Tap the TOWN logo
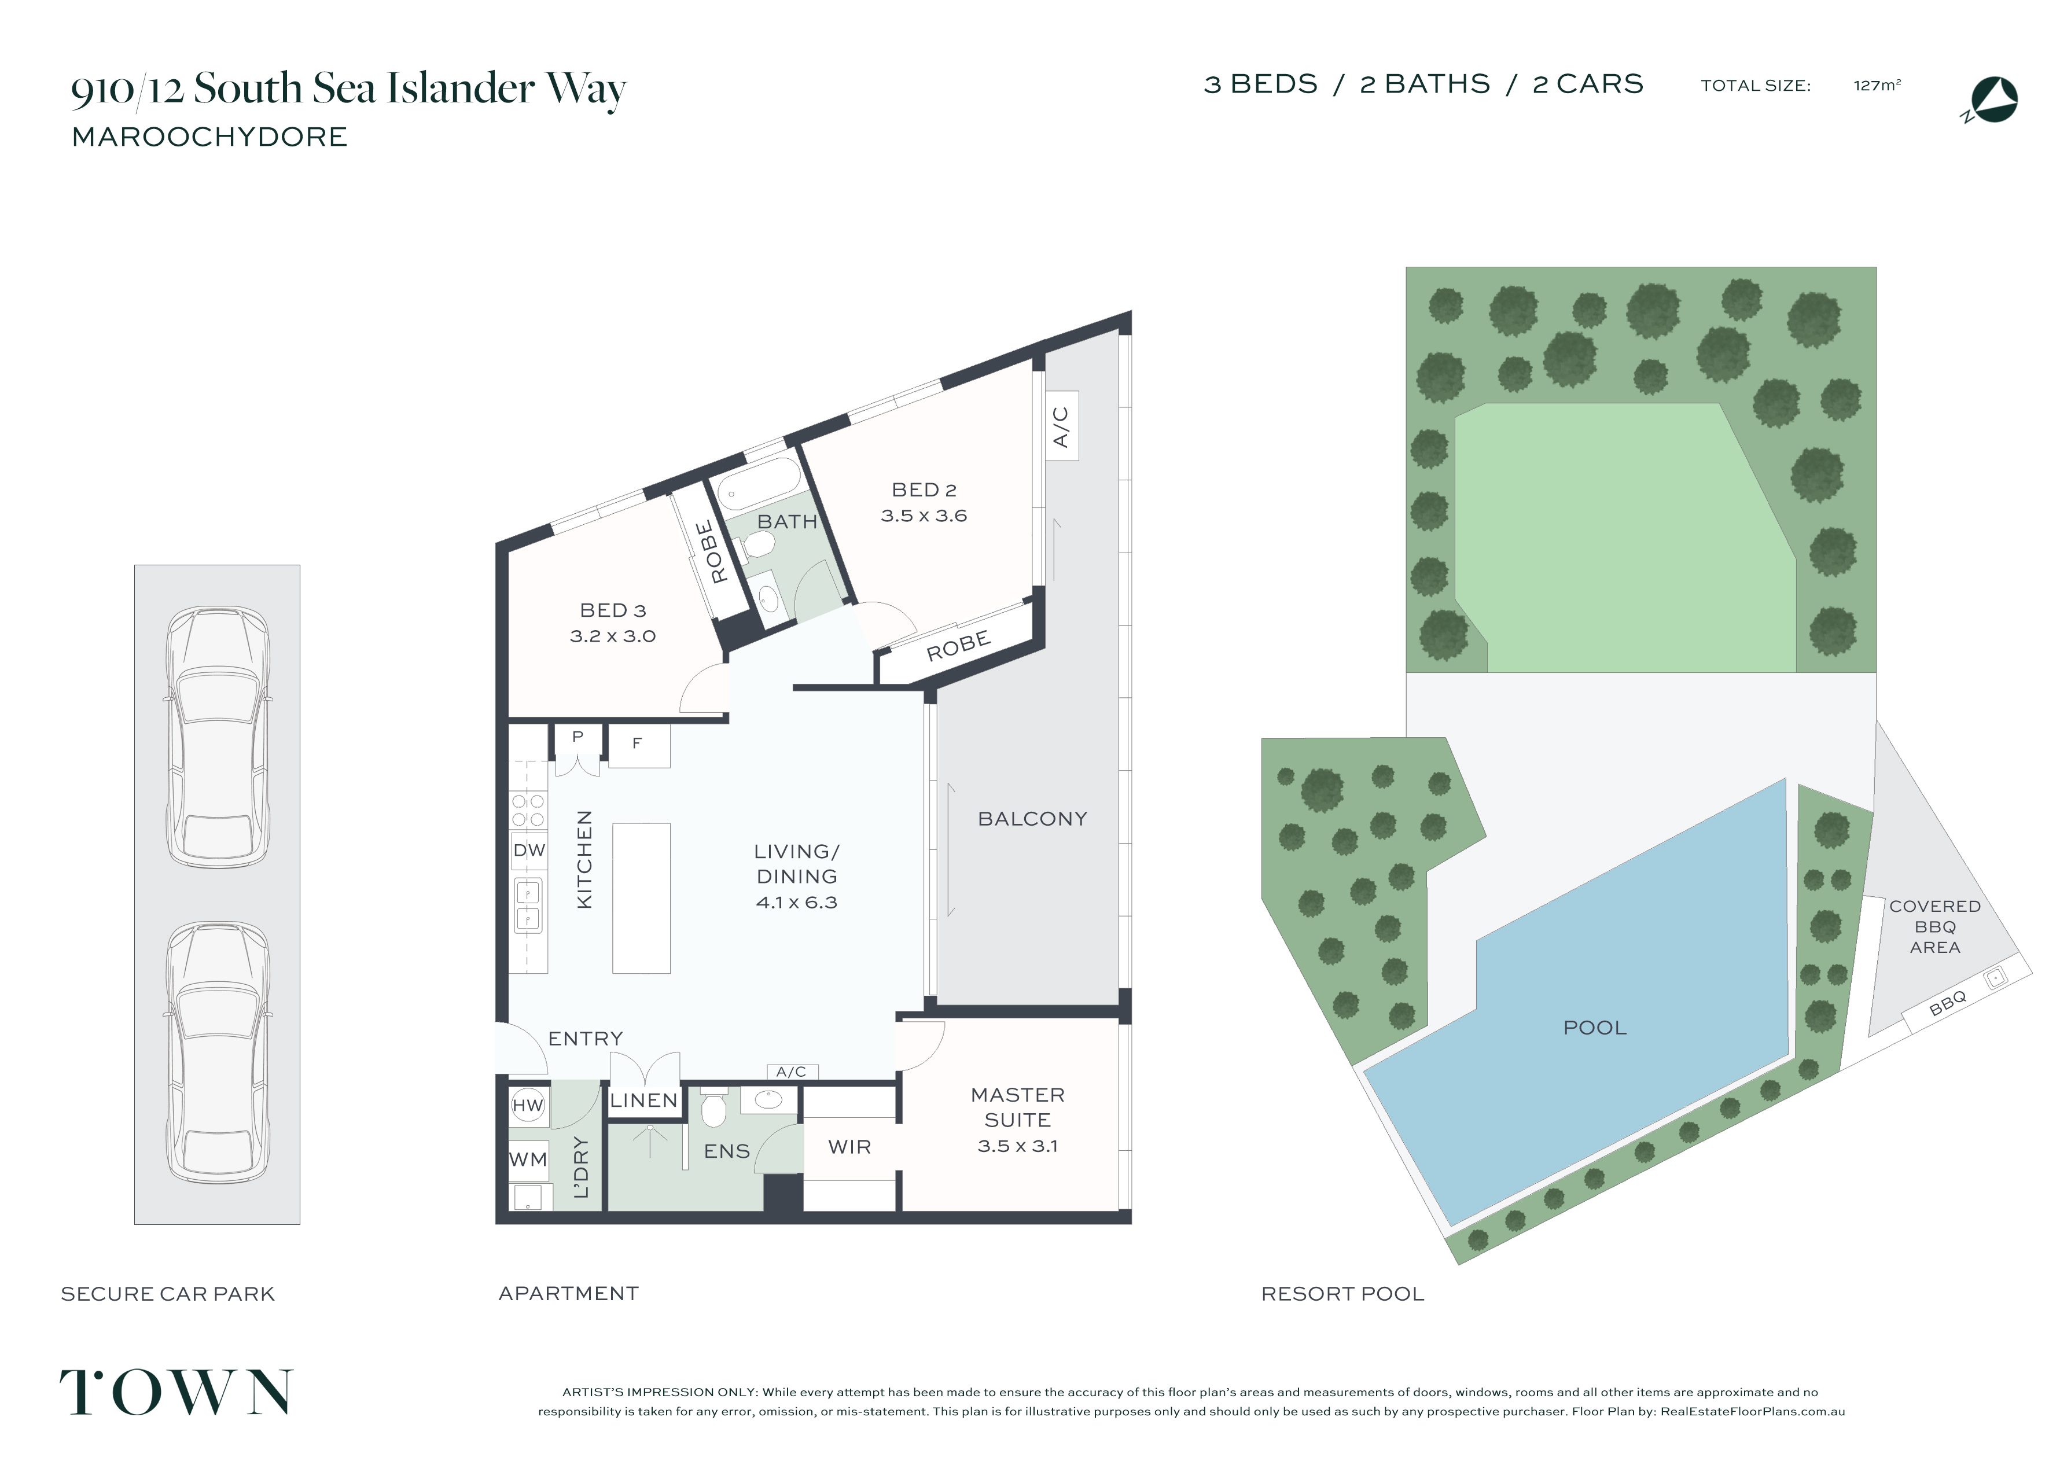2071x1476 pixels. point(176,1392)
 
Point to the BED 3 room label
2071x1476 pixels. point(612,623)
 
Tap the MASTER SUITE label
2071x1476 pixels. point(1018,1120)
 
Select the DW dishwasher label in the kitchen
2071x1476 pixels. point(529,851)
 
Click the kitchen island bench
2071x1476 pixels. point(642,898)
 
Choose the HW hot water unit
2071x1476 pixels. point(527,1105)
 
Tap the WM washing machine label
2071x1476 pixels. point(528,1160)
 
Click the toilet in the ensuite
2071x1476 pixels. point(714,1106)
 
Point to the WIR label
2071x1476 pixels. point(849,1147)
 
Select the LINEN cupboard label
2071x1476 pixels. point(643,1100)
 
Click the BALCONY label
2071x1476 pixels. point(1032,819)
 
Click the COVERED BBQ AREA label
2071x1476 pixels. point(1934,927)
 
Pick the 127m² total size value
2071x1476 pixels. point(1877,86)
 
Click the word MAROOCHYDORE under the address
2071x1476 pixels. point(210,137)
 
